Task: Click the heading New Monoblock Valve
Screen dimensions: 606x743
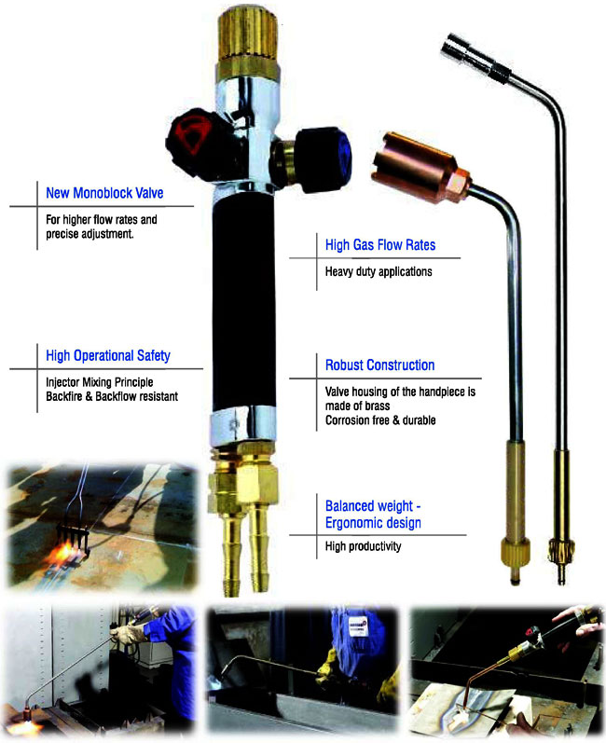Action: coord(104,193)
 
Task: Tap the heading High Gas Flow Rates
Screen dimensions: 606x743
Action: coord(380,245)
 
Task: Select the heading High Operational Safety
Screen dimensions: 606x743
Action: coord(108,355)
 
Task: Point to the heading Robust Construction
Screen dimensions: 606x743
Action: coord(379,365)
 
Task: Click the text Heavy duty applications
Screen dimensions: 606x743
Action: coord(379,271)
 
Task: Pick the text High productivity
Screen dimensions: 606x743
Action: coord(363,546)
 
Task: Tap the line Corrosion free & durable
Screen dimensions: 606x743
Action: coord(380,420)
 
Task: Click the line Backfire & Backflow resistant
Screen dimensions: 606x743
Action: coord(112,396)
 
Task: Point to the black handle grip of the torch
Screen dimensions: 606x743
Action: coord(243,302)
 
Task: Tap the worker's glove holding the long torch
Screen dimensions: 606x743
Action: coord(127,632)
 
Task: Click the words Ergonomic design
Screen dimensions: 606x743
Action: coord(373,523)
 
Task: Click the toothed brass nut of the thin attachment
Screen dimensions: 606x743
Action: coord(561,552)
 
